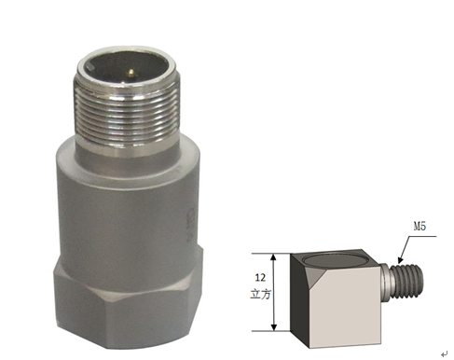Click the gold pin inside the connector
(131, 73)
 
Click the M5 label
(420, 227)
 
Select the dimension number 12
(260, 277)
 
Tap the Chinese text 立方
(260, 294)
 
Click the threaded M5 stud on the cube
(406, 281)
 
